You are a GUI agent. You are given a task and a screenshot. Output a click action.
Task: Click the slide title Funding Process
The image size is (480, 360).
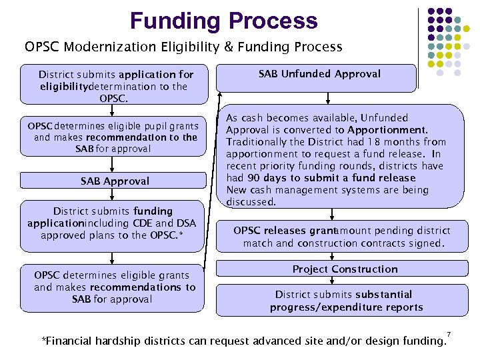pyautogui.click(x=224, y=21)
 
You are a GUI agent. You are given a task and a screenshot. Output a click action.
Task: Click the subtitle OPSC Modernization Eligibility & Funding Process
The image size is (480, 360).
pyautogui.click(x=183, y=47)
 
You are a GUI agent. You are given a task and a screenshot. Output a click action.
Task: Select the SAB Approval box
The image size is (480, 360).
pyautogui.click(x=115, y=181)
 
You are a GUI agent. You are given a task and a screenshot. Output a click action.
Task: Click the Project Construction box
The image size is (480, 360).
pyautogui.click(x=345, y=269)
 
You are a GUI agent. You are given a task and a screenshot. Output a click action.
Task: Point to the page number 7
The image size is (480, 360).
pyautogui.click(x=449, y=333)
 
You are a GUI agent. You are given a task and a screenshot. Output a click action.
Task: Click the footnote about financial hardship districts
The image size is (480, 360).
pyautogui.click(x=243, y=342)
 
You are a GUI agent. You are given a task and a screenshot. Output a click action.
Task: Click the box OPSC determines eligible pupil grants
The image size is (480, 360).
pyautogui.click(x=115, y=137)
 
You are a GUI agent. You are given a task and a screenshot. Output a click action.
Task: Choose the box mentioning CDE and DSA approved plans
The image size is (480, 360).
pyautogui.click(x=115, y=223)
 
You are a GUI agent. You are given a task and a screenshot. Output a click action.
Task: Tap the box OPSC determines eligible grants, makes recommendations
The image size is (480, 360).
pyautogui.click(x=115, y=287)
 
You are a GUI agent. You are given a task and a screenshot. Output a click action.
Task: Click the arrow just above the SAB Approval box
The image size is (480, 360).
pyautogui.click(x=115, y=165)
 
